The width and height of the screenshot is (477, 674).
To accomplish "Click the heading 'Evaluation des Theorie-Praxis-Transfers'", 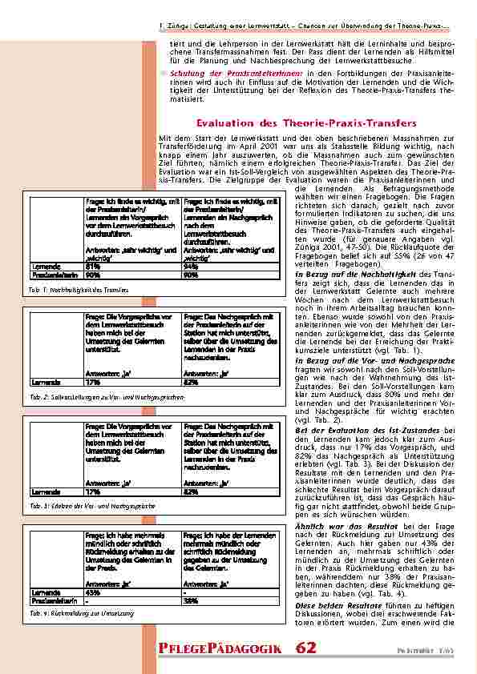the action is pos(306,123).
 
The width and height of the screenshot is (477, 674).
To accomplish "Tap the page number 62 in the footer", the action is pos(305,646).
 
